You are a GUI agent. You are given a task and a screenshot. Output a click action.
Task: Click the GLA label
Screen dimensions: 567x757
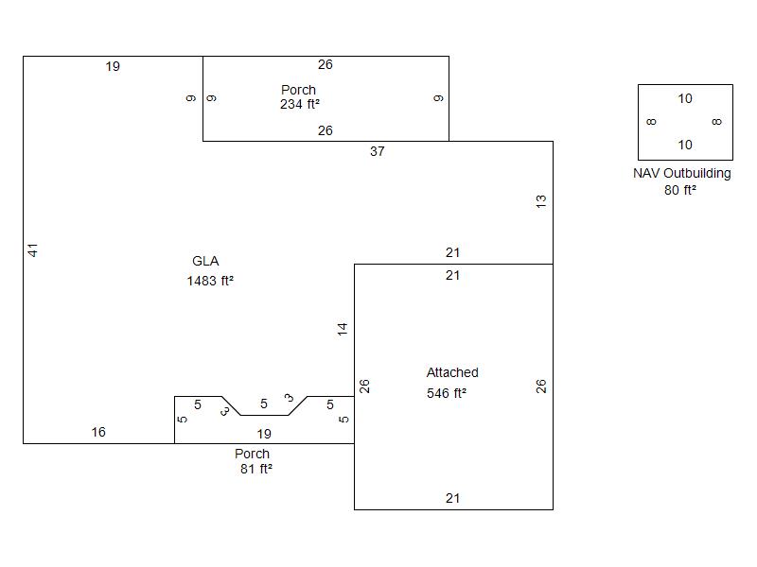click(x=205, y=262)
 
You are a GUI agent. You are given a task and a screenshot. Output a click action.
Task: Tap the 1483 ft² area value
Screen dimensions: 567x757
click(x=210, y=281)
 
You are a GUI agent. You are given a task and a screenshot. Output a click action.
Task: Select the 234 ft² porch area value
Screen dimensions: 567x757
click(x=299, y=105)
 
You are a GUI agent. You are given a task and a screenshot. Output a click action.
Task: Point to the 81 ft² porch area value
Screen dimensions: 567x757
click(x=255, y=469)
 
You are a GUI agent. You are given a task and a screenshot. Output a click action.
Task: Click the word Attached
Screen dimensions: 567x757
click(x=452, y=373)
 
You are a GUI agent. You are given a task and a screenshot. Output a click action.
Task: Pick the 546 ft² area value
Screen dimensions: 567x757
click(x=447, y=393)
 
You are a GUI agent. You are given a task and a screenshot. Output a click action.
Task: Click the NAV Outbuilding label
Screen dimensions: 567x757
click(x=681, y=174)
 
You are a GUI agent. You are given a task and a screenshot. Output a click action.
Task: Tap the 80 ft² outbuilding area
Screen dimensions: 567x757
click(x=680, y=190)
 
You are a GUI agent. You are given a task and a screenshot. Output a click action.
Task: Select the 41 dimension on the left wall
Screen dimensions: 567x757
click(x=32, y=250)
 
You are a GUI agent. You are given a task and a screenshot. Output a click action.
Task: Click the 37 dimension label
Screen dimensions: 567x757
click(x=378, y=151)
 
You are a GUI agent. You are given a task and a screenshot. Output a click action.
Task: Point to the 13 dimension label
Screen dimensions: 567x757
click(x=541, y=201)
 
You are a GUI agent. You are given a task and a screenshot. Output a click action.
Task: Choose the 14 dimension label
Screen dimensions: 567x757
click(x=343, y=329)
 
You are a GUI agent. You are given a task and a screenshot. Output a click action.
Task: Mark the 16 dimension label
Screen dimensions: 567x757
click(x=98, y=433)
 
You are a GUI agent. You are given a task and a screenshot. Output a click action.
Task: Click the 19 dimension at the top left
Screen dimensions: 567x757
click(x=113, y=67)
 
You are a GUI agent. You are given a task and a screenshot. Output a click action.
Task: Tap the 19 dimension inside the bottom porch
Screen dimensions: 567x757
click(x=264, y=435)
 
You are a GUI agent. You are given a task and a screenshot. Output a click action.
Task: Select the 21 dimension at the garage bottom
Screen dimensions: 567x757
click(x=452, y=499)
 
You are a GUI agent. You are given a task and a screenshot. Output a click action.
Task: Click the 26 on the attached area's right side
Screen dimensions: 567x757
click(x=541, y=387)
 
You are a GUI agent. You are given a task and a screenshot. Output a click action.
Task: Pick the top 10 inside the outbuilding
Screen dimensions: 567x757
click(x=685, y=99)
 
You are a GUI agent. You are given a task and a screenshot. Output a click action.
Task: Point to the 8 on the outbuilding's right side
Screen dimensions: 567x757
click(x=717, y=122)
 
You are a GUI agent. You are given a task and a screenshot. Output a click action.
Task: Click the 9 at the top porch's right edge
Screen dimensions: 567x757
click(x=439, y=98)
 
